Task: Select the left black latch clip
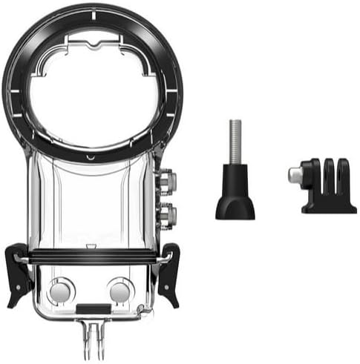tap(17, 274)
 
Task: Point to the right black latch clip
tap(170, 274)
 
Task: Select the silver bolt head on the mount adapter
tap(295, 176)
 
